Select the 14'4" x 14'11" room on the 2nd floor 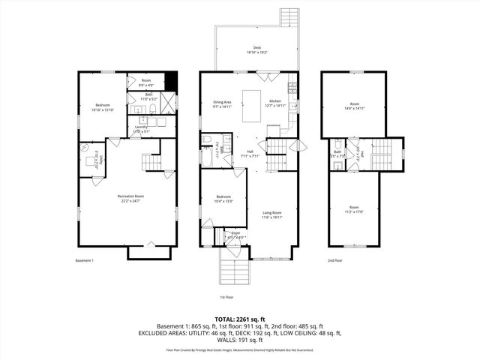357,106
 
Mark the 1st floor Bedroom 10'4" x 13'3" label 223,199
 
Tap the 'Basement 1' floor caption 85,260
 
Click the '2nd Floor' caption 334,260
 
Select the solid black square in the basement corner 170,79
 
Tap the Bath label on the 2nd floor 337,152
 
